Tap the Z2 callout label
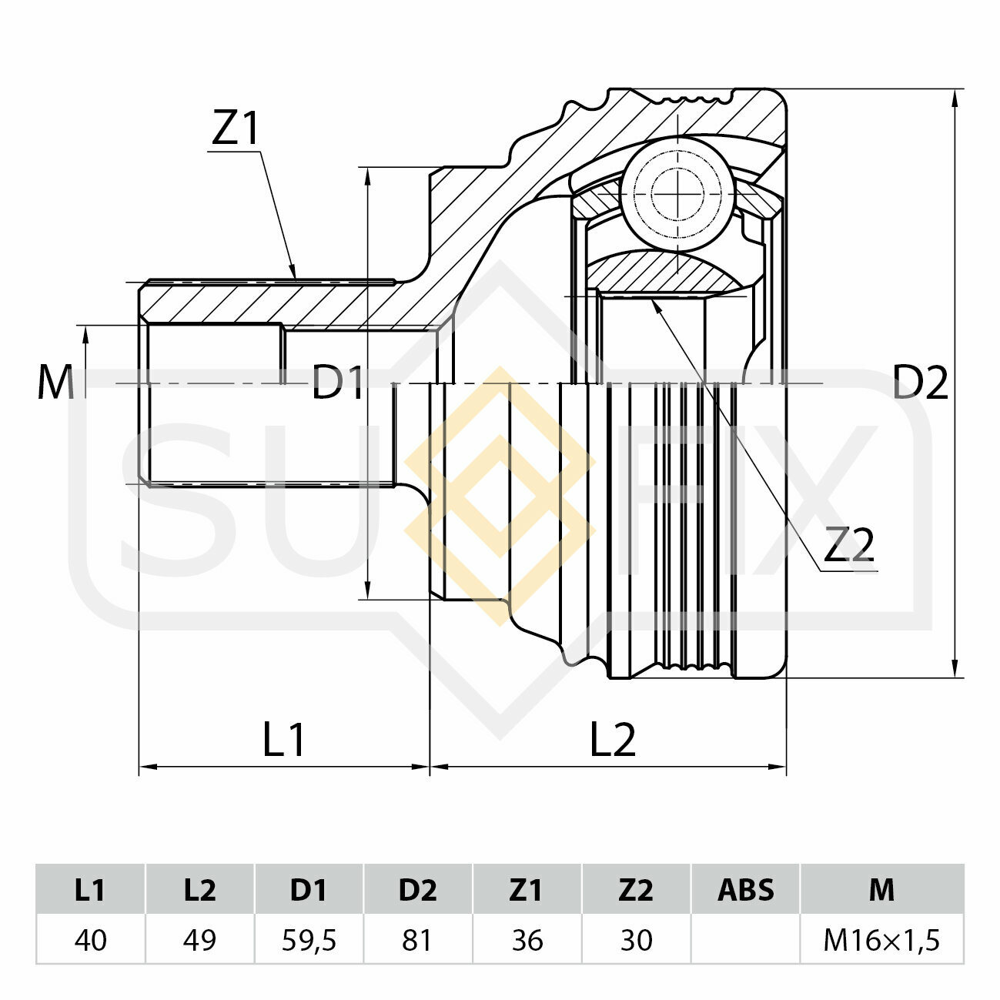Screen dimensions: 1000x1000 pyautogui.click(x=848, y=546)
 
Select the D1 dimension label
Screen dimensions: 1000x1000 pyautogui.click(x=337, y=383)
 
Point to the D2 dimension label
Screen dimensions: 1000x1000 pyautogui.click(x=920, y=382)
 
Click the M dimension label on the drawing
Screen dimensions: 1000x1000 pyautogui.click(x=55, y=382)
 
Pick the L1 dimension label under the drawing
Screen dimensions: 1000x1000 pyautogui.click(x=284, y=740)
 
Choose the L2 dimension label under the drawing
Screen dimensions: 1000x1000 pyautogui.click(x=613, y=740)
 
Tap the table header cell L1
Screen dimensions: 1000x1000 pyautogui.click(x=90, y=890)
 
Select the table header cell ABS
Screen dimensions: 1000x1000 pyautogui.click(x=745, y=890)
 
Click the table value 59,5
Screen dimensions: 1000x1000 pyautogui.click(x=309, y=940)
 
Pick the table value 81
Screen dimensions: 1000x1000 pyautogui.click(x=417, y=940)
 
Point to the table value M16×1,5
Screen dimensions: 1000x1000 pyautogui.click(x=881, y=940)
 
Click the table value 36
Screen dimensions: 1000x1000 pyautogui.click(x=527, y=940)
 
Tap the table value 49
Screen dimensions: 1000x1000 pyautogui.click(x=199, y=940)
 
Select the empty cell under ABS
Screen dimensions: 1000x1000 pyautogui.click(x=745, y=940)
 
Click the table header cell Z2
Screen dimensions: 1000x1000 pyautogui.click(x=636, y=890)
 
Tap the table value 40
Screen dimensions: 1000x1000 pyautogui.click(x=90, y=940)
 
